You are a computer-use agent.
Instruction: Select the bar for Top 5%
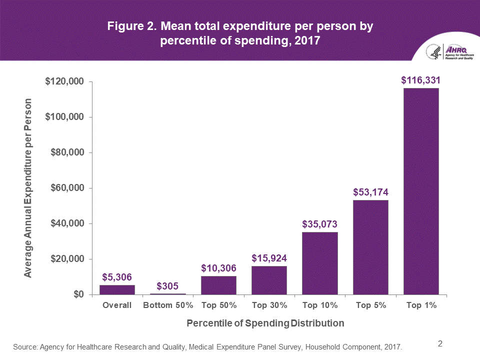click(x=370, y=247)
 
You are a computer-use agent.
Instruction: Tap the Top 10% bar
click(x=319, y=263)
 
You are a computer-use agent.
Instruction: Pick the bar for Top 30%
click(x=269, y=280)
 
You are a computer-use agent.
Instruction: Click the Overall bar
click(x=117, y=289)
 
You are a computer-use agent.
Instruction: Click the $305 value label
click(x=168, y=286)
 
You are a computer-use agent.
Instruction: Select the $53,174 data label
click(x=370, y=192)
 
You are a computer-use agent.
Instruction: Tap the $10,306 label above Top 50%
click(x=218, y=268)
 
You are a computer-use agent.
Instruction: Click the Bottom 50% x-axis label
click(x=168, y=305)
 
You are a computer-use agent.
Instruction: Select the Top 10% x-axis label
click(x=319, y=305)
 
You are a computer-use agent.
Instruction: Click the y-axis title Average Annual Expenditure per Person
click(x=28, y=188)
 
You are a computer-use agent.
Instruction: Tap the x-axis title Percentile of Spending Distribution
click(x=265, y=323)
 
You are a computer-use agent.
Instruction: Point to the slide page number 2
click(x=440, y=343)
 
